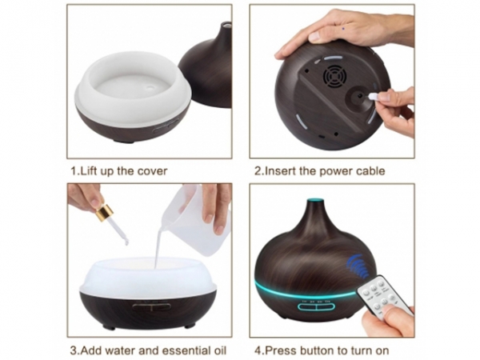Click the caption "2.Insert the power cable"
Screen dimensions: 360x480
coord(319,170)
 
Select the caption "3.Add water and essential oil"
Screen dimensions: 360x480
coord(147,350)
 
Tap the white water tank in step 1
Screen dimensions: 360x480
coord(132,88)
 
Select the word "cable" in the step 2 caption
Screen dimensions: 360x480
coord(370,170)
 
